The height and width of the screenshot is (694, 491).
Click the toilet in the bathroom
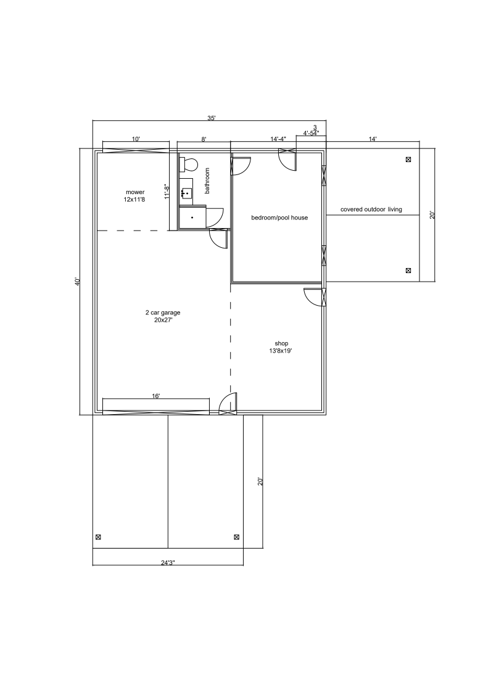(x=188, y=165)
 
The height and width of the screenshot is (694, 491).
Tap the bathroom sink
(x=186, y=193)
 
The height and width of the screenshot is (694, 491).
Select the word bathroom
(x=207, y=181)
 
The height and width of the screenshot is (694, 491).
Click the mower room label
(x=135, y=195)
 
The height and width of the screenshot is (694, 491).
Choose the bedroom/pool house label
(x=279, y=218)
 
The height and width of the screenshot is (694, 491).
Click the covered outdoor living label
(x=371, y=210)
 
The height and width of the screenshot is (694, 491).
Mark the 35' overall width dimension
(x=212, y=118)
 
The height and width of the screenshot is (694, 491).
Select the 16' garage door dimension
(x=155, y=396)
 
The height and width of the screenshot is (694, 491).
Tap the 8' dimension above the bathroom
(x=204, y=139)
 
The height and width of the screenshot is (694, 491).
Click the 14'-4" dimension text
(x=278, y=139)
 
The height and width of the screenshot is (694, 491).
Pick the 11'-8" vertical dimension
(x=167, y=192)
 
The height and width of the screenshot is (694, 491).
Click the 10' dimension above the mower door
(x=136, y=139)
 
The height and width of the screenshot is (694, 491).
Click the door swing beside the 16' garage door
(x=228, y=402)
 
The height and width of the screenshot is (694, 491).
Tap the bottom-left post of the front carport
(x=98, y=537)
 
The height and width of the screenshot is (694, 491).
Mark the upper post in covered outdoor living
(x=408, y=160)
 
